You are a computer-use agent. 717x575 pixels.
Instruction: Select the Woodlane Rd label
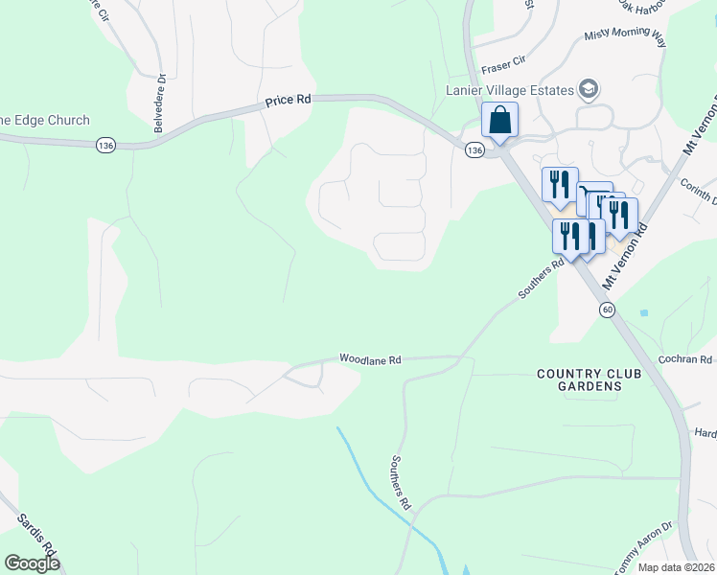[x=369, y=359]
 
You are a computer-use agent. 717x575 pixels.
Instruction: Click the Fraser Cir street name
[x=504, y=63]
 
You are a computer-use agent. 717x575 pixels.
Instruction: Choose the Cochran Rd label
[x=685, y=359]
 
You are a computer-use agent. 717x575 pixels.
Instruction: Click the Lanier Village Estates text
[x=510, y=91]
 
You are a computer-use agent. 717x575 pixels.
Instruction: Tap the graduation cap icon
[x=589, y=91]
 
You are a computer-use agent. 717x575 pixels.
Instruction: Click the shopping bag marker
[x=499, y=121]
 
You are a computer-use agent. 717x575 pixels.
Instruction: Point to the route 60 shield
[x=607, y=310]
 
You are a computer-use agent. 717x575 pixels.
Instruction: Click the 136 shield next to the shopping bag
[x=474, y=150]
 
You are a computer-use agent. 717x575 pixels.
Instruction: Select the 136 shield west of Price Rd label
[x=105, y=145]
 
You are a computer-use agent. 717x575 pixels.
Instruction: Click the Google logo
[x=31, y=563]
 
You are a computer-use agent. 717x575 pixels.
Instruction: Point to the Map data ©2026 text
[x=675, y=567]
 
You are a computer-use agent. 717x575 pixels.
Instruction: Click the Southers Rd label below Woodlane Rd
[x=400, y=482]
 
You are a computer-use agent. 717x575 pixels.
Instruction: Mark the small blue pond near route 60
[x=643, y=313]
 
